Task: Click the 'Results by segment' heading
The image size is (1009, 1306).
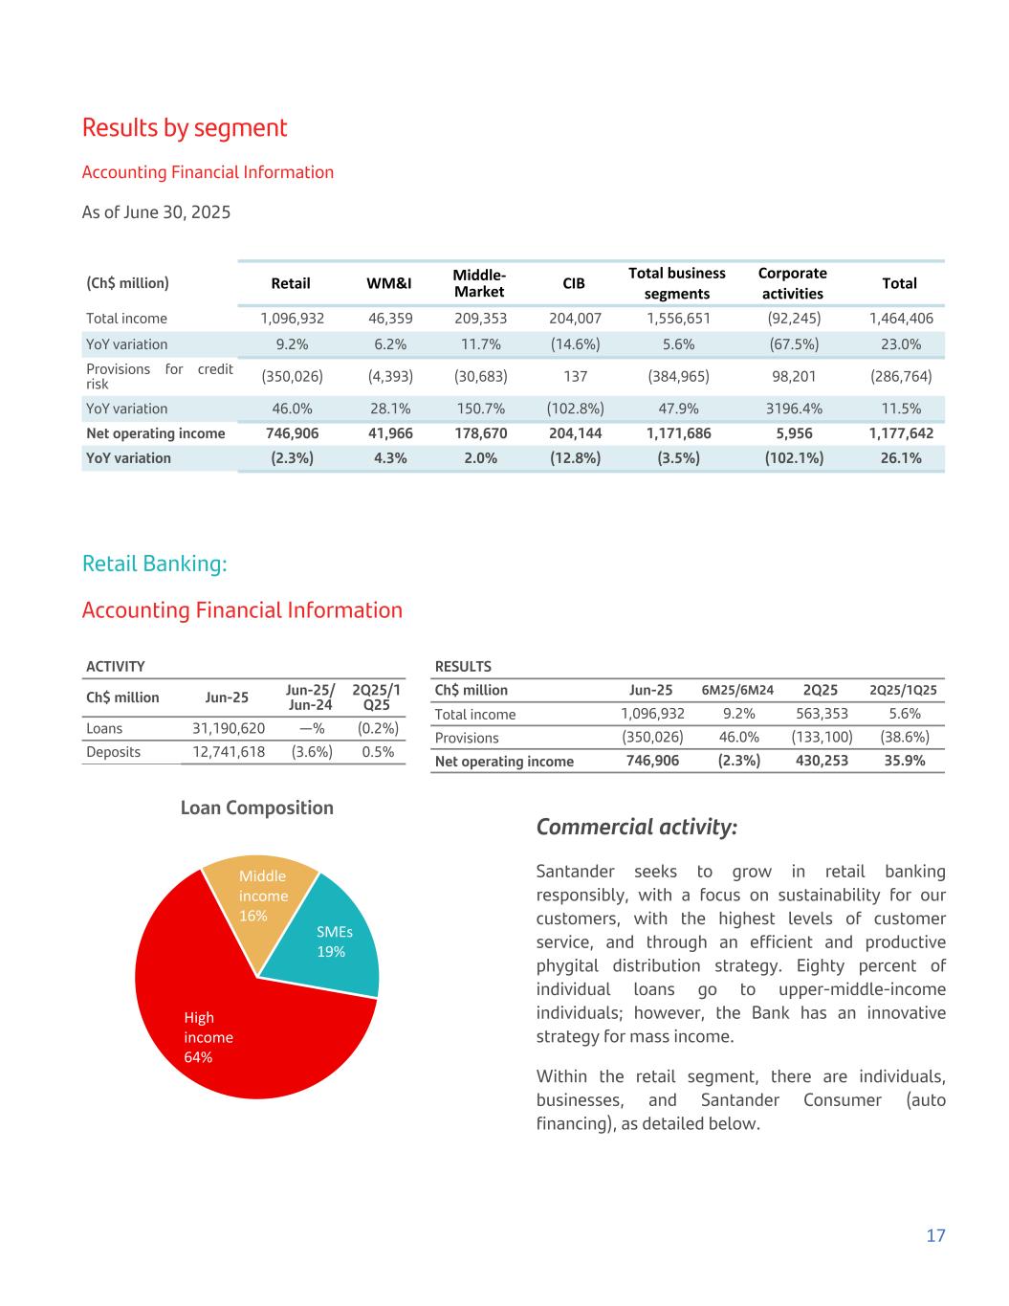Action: (185, 128)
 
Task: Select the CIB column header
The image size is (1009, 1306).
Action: (575, 283)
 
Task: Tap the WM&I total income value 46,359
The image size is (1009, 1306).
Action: (390, 319)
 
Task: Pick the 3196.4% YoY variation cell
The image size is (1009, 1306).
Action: (792, 409)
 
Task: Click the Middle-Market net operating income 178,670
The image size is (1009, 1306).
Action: (480, 433)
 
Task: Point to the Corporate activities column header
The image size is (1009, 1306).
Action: (792, 283)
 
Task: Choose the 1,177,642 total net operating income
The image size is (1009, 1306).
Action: (900, 433)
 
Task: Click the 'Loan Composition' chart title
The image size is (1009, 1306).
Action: (257, 808)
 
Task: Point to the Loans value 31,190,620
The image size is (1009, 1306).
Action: (229, 728)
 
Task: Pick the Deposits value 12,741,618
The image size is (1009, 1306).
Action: (229, 752)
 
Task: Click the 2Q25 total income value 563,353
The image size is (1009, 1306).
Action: (822, 714)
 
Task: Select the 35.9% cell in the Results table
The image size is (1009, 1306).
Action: (902, 762)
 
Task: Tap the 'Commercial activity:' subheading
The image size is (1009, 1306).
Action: (636, 827)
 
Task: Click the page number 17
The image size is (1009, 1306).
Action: (935, 1235)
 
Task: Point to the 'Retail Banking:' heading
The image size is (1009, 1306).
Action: (155, 564)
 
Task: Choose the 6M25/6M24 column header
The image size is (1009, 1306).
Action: (737, 691)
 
